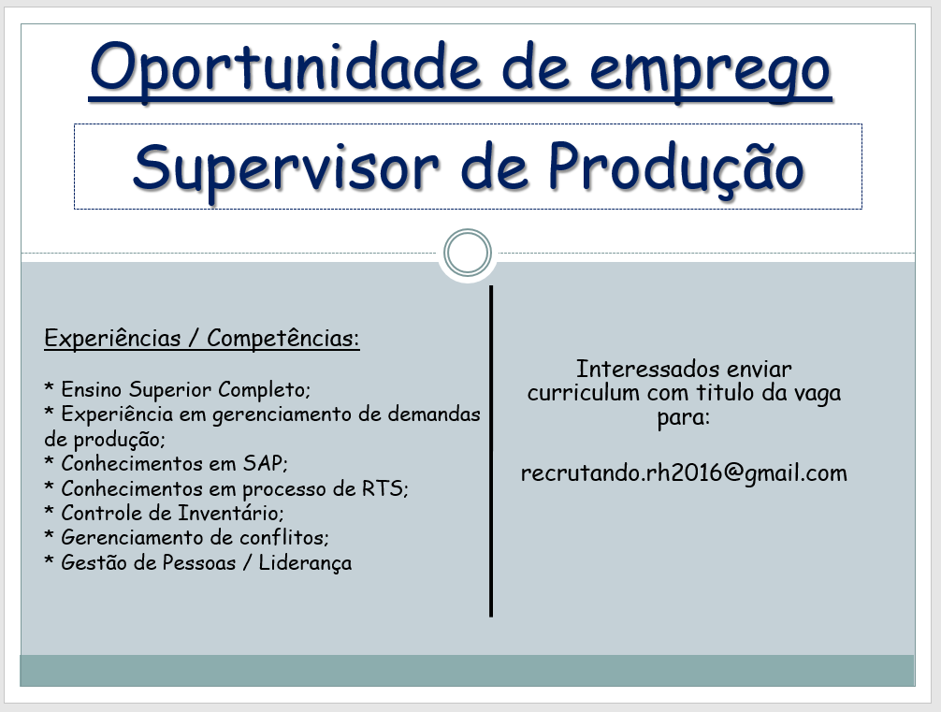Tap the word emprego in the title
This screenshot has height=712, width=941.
click(711, 73)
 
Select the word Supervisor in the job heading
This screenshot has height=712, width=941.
click(285, 169)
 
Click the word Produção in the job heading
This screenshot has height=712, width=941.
click(676, 168)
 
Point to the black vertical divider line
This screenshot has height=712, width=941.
click(491, 452)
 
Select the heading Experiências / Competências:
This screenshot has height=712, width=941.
click(202, 338)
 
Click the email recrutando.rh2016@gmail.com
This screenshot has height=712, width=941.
click(684, 473)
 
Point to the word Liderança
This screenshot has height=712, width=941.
click(305, 563)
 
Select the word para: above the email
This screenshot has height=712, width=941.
click(684, 418)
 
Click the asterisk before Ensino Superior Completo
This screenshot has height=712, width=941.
click(50, 387)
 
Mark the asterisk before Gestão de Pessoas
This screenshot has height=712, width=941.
click(50, 560)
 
